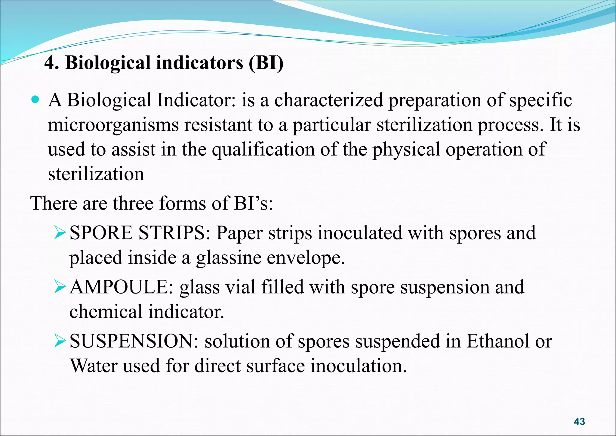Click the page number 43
(579, 421)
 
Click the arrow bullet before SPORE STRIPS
(60, 233)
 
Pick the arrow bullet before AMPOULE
(60, 287)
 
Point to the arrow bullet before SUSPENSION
(60, 341)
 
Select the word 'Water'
(93, 366)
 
